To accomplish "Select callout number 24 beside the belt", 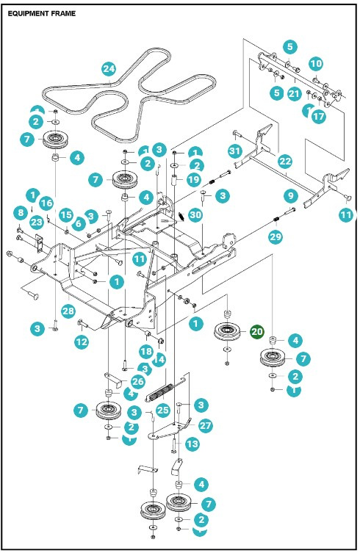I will coord(109,69).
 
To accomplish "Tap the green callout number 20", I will coord(257,332).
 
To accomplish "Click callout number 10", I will coord(315,64).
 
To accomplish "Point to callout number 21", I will coord(295,93).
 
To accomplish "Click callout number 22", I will coord(285,160).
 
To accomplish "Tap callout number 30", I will coord(195,214).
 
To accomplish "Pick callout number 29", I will coord(275,236).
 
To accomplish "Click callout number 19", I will coord(193,179).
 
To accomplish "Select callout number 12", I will coord(81,342).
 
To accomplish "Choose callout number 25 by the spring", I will coord(162,408).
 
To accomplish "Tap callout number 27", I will coord(205,425).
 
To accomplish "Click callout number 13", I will coord(192,444).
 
